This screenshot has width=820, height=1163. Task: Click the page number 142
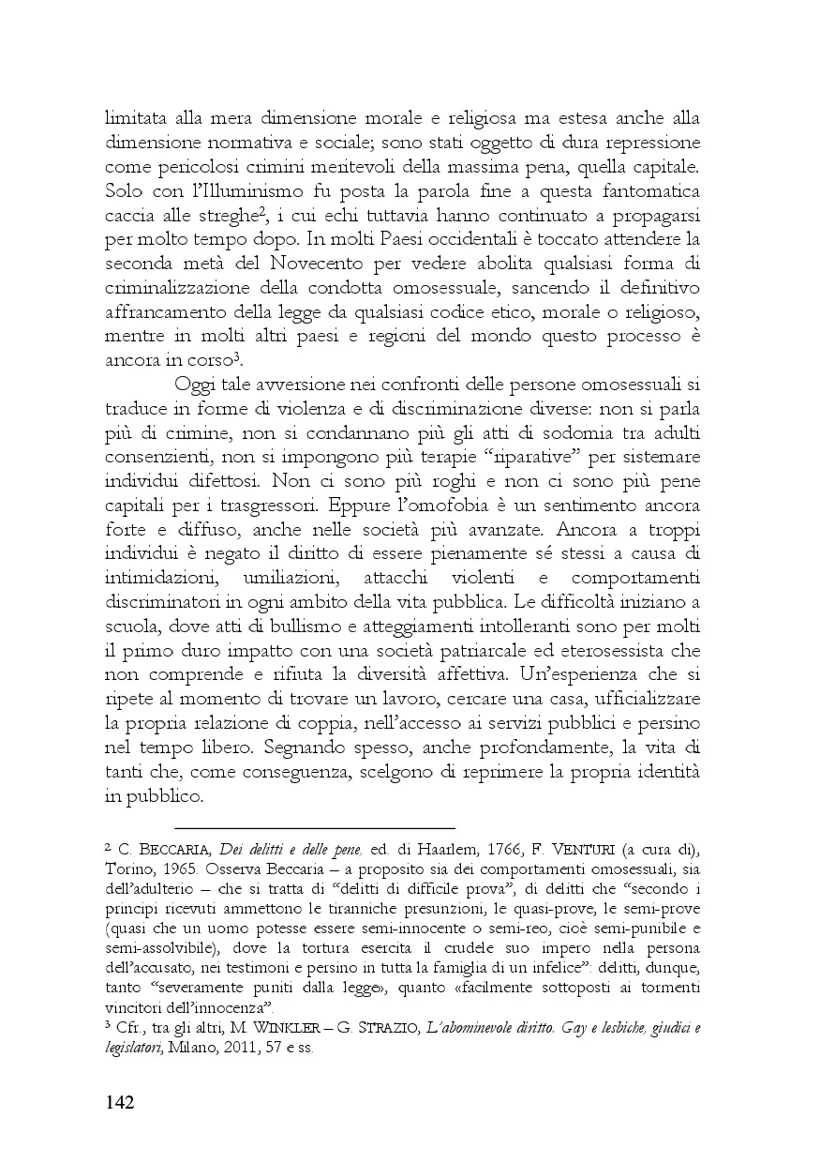[x=120, y=1100]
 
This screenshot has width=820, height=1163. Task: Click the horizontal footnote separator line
[x=314, y=828]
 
